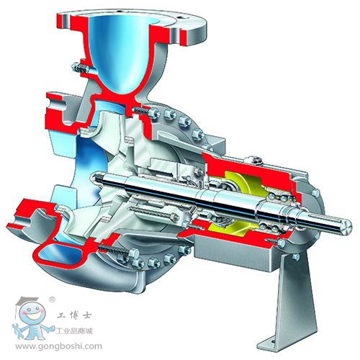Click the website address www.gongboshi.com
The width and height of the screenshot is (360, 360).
(59, 346)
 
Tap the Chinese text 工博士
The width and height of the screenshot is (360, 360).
(74, 315)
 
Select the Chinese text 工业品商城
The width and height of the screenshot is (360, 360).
(74, 331)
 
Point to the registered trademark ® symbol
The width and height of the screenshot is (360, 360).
(52, 300)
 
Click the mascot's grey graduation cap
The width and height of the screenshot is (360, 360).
(27, 301)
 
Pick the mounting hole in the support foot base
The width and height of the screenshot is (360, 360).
(272, 341)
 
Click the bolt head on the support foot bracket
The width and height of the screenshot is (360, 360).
(296, 257)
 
